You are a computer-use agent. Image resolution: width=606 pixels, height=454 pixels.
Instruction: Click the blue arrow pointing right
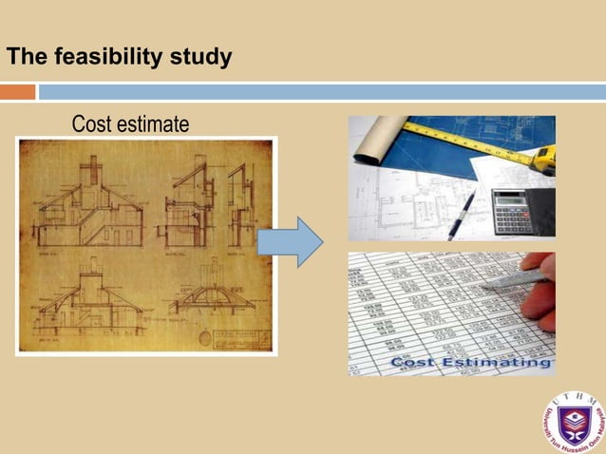pos(291,241)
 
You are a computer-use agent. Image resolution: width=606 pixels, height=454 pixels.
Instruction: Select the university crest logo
pos(573,420)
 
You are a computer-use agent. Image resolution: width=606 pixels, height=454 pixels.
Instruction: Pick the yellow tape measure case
pos(543,157)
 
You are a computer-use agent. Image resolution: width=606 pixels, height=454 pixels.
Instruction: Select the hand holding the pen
pos(540,290)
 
